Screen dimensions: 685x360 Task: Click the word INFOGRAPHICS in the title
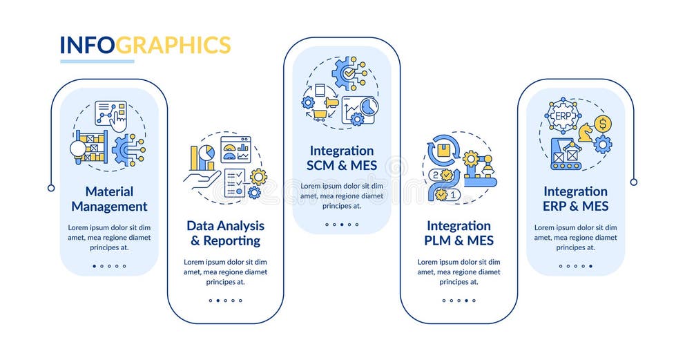coord(145,45)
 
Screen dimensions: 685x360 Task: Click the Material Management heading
coord(109,198)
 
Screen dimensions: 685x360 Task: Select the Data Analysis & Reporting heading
coord(225,233)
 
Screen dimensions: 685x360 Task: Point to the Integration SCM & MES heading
coord(342,158)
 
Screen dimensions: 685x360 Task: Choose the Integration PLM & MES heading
coord(459,233)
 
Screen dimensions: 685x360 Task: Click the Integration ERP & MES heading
coord(575,198)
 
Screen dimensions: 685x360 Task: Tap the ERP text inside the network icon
coord(563,115)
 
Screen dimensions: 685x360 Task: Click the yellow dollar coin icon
coord(602,124)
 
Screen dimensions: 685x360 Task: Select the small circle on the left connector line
coord(51,187)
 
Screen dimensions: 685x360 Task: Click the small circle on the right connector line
coord(633,182)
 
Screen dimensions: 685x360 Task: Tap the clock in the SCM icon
coord(369,105)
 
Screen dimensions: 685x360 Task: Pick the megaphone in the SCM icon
coord(331,102)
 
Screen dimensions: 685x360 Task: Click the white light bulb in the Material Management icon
coord(78,148)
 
